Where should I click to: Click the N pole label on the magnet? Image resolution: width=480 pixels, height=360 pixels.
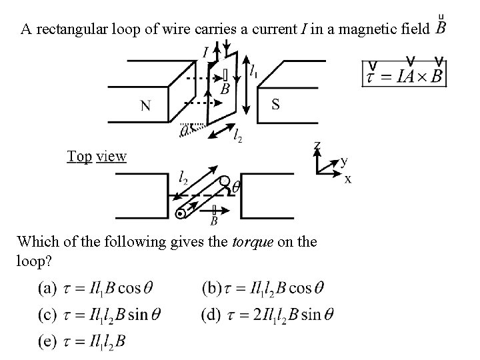pyautogui.click(x=145, y=107)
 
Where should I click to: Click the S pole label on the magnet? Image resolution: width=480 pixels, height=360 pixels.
pyautogui.click(x=276, y=104)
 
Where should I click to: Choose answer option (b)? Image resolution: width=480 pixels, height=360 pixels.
pyautogui.click(x=263, y=289)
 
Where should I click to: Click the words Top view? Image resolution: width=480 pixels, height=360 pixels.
pyautogui.click(x=97, y=156)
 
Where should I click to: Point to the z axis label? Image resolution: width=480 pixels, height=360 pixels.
pyautogui.click(x=317, y=145)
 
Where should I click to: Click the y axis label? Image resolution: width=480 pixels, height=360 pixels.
pyautogui.click(x=344, y=161)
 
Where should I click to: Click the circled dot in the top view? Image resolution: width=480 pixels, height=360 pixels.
pyautogui.click(x=181, y=213)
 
